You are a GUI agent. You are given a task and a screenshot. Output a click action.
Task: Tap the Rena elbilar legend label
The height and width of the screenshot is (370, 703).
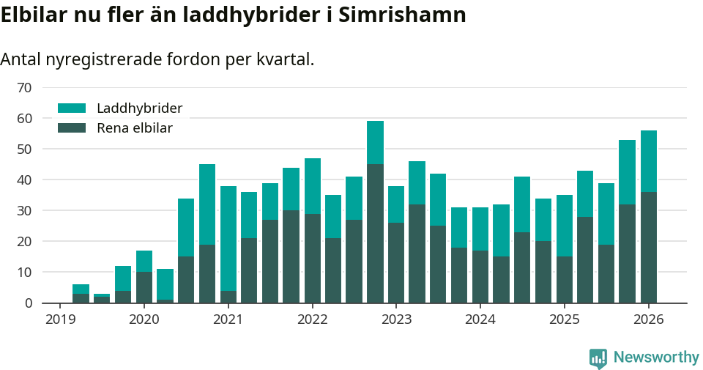[134, 128]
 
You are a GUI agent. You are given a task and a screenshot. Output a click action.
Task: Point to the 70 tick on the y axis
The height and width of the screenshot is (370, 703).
[24, 88]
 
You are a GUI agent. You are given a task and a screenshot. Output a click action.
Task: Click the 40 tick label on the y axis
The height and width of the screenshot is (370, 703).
[24, 180]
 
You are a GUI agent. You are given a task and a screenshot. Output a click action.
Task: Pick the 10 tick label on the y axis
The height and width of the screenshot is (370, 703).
[24, 273]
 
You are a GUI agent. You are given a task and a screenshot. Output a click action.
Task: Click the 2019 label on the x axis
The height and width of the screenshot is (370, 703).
[60, 319]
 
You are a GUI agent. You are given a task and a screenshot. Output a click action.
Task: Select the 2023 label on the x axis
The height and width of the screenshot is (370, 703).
[396, 319]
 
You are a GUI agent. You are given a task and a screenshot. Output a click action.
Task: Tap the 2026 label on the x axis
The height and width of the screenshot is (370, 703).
[648, 319]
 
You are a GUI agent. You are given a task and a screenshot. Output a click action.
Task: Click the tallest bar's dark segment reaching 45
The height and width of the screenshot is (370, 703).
[375, 233]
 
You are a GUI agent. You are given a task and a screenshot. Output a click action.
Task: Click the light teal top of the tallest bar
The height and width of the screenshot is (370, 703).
[375, 143]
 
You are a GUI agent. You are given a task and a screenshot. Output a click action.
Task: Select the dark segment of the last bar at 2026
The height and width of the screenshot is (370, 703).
[648, 247]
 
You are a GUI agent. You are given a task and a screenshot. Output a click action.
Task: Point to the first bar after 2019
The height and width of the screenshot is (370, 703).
[81, 294]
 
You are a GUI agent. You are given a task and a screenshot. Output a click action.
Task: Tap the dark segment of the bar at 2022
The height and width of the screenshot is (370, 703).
[313, 258]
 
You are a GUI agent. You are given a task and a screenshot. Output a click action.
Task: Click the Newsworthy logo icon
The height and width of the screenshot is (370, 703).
[598, 358]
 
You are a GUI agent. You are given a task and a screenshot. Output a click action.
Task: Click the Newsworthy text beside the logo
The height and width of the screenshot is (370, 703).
[655, 358]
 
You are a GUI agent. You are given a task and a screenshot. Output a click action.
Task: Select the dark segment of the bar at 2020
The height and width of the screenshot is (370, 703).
[144, 287]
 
